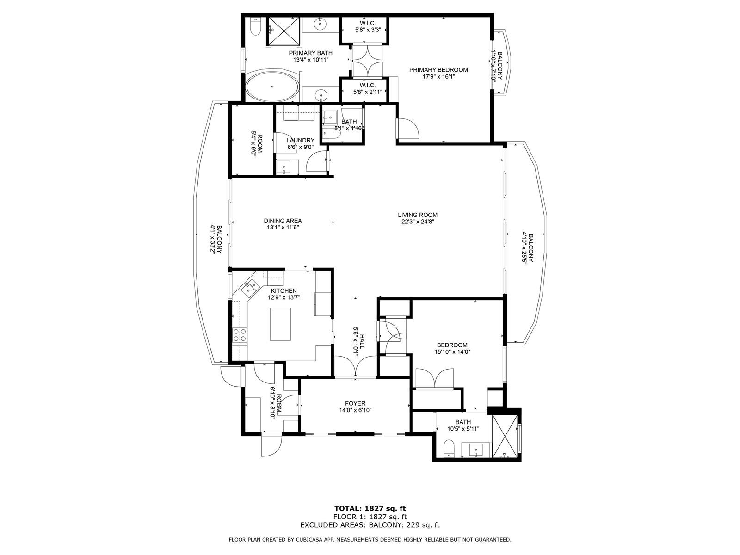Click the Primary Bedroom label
point(438,70)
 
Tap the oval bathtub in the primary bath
point(272,86)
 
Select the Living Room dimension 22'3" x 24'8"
point(418,222)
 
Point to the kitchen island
point(280,324)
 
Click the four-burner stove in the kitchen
point(240,335)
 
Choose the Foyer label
point(355,403)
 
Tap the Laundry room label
point(300,140)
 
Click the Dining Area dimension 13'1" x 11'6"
point(283,228)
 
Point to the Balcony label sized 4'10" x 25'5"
point(531,248)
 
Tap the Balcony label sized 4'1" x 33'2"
point(219,240)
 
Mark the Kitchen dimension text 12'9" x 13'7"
point(284,297)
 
